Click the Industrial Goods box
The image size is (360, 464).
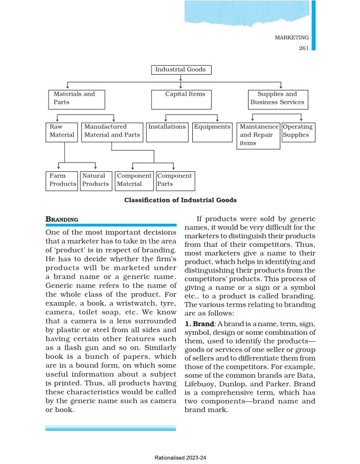click(181, 70)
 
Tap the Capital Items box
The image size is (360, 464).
click(181, 99)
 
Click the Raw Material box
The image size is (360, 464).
click(61, 132)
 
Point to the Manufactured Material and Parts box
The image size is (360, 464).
click(112, 132)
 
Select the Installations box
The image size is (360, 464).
click(167, 132)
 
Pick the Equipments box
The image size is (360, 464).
click(212, 132)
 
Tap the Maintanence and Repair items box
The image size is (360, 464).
click(259, 135)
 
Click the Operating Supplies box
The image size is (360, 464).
click(298, 132)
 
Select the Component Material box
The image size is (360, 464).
click(134, 180)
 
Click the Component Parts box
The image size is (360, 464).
click(175, 180)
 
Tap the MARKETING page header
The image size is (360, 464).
click(291, 38)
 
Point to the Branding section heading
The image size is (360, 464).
click(62, 219)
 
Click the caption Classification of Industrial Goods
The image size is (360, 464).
click(181, 200)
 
